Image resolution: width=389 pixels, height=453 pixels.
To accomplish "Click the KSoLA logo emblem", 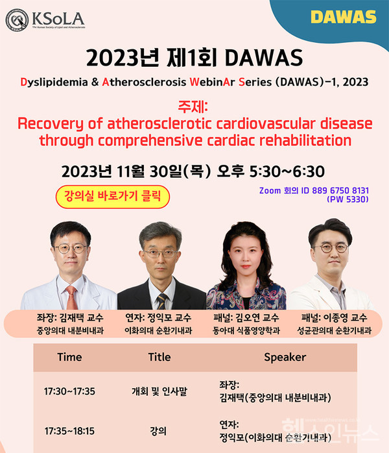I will (18, 20).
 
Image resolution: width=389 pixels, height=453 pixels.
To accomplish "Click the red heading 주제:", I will (194, 106).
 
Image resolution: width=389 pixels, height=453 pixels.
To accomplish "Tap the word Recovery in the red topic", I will (49, 123).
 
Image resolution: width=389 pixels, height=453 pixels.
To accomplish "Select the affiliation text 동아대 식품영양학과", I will (246, 331).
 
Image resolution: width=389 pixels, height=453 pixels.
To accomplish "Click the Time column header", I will (69, 357).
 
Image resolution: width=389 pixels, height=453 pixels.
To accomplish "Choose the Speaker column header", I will (285, 357).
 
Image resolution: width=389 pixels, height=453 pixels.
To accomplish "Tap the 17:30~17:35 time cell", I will (69, 391).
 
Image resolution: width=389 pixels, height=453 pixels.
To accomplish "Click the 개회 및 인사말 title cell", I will (159, 391).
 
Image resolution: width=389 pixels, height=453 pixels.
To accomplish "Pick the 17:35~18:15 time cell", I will (69, 430).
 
